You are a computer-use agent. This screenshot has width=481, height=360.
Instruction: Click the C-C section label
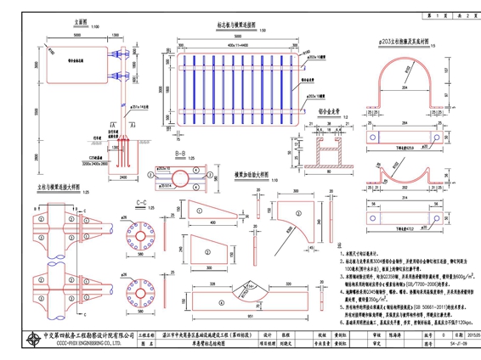click(141, 204)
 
